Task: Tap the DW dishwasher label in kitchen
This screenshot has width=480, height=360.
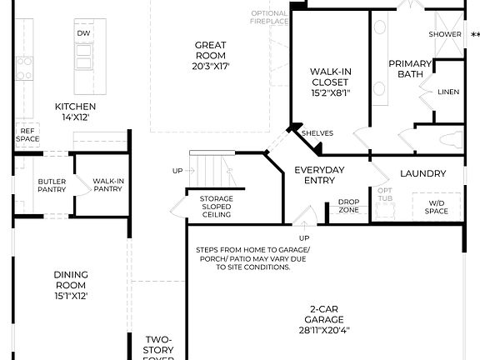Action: coord(83,33)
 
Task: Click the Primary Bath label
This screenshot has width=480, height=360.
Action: coord(410,68)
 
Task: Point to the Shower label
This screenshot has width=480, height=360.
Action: coord(444,34)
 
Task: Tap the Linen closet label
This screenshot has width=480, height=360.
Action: coord(447,92)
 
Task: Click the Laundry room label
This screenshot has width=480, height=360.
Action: coord(422,173)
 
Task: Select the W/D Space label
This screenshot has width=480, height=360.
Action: coord(437,207)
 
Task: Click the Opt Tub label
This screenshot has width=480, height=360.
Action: coord(384,195)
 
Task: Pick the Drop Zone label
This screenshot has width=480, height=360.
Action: coord(347,206)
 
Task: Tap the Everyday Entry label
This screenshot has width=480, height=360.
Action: coord(319,175)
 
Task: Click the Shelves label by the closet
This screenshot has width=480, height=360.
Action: coord(317,132)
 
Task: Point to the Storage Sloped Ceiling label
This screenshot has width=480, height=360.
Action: coord(216,207)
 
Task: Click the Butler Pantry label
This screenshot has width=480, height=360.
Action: coord(52,185)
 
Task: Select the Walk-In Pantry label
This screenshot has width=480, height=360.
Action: coord(107,185)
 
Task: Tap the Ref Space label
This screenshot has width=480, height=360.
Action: coord(27,134)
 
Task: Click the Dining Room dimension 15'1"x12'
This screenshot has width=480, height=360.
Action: coord(71,295)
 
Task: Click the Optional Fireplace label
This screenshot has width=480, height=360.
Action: coord(269,17)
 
